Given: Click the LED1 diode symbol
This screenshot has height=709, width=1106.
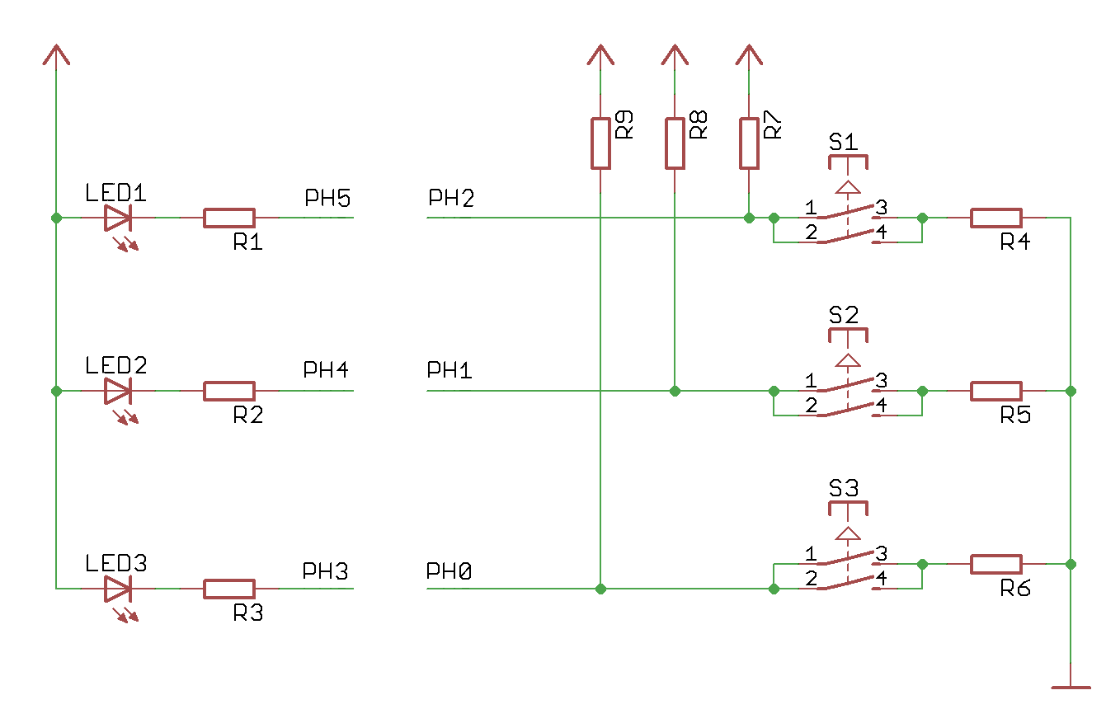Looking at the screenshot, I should point(118,218).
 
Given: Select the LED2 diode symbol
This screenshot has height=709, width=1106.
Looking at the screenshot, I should point(118,391).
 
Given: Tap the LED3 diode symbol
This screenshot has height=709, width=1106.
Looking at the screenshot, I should point(118,589).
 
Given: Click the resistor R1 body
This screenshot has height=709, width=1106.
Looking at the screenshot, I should point(229,218).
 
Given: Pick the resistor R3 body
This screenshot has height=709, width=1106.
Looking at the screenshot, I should point(229,589).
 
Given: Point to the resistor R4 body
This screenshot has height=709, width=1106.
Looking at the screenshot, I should point(996,218).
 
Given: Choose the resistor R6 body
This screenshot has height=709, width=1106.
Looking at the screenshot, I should point(996,564).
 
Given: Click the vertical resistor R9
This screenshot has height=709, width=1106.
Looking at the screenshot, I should point(600,143).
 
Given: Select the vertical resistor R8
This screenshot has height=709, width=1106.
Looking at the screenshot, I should point(675,143).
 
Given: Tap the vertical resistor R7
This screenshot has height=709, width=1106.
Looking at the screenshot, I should point(749,143).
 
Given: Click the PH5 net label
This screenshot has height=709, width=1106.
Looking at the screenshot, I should point(327,199).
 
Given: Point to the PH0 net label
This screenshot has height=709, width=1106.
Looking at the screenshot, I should point(449,570).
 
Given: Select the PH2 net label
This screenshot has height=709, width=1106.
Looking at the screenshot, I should point(450,199).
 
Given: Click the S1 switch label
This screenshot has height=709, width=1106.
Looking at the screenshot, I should point(844,142).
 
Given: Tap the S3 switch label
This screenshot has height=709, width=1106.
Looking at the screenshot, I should point(844,488).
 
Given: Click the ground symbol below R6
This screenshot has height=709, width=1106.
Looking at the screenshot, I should point(1071,685).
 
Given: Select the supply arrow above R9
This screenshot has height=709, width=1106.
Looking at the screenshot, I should point(600,56).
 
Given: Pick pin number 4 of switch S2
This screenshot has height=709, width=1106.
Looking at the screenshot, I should point(881,406).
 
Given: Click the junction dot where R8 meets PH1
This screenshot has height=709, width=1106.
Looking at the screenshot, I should point(675,391).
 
